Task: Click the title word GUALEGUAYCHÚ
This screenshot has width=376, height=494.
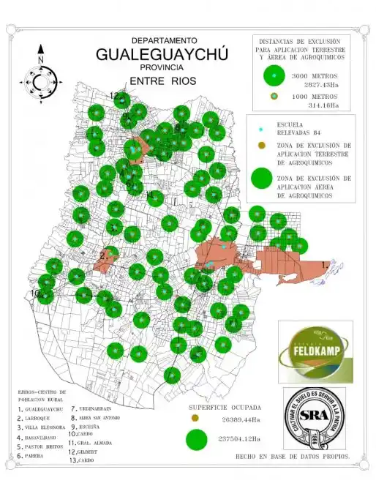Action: pos(162,55)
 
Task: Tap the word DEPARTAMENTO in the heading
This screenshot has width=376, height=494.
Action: pos(164,40)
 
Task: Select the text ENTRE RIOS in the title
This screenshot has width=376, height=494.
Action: pos(162,81)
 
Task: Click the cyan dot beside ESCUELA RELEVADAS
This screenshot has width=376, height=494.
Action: pos(261,130)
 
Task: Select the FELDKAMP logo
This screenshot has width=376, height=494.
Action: pos(315,351)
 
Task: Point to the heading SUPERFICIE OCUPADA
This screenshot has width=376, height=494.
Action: pos(225,406)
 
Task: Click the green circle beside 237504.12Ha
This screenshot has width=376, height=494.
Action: pos(195,439)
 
